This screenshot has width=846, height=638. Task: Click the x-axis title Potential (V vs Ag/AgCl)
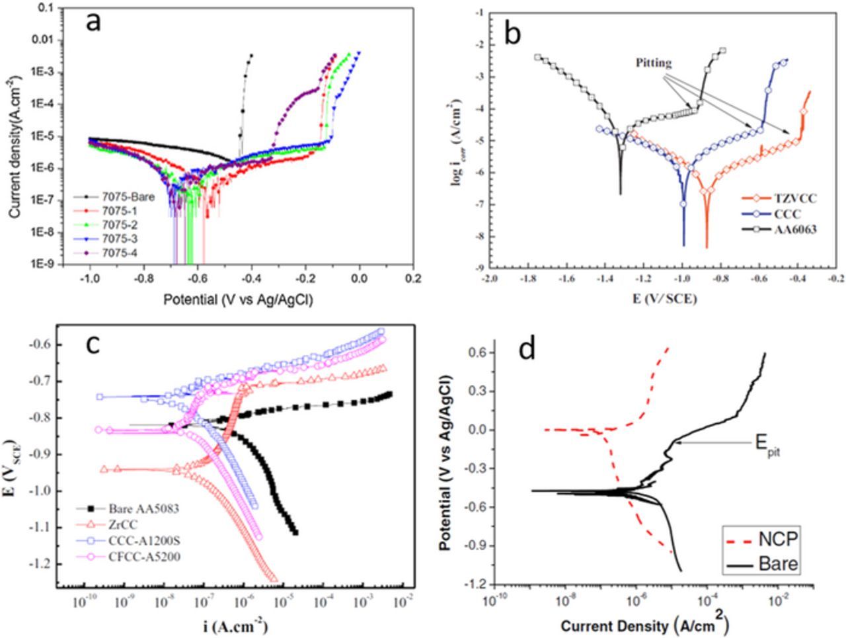pyautogui.click(x=238, y=300)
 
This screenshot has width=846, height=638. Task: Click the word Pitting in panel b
pyautogui.click(x=654, y=63)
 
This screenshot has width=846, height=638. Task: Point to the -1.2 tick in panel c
pyautogui.click(x=42, y=564)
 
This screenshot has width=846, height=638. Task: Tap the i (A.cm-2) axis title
pyautogui.click(x=237, y=625)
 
